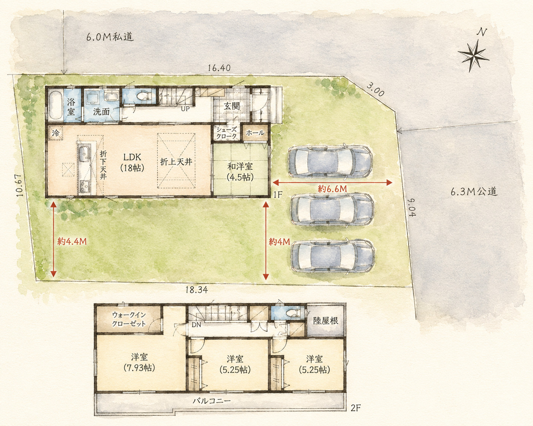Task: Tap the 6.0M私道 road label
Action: pos(110,37)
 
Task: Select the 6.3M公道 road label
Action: pos(474,192)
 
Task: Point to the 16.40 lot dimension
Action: pos(219,68)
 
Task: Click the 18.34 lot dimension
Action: pos(197,290)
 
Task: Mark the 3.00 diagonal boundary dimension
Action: pos(376,90)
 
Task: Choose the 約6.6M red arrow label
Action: pos(332,189)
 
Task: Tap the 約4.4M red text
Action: pos(72,241)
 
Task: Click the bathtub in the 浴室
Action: pos(55,106)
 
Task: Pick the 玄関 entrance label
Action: pos(232,106)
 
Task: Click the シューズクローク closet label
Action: pos(227,133)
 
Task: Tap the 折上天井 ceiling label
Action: pos(176,162)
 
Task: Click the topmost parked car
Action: pos(330,162)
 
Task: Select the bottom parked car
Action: pos(333,257)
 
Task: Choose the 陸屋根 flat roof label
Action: pos(326,321)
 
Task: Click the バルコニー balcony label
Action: pos(212,401)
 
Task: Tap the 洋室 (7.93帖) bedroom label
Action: pos(140,363)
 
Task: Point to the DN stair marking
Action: pos(196,325)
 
